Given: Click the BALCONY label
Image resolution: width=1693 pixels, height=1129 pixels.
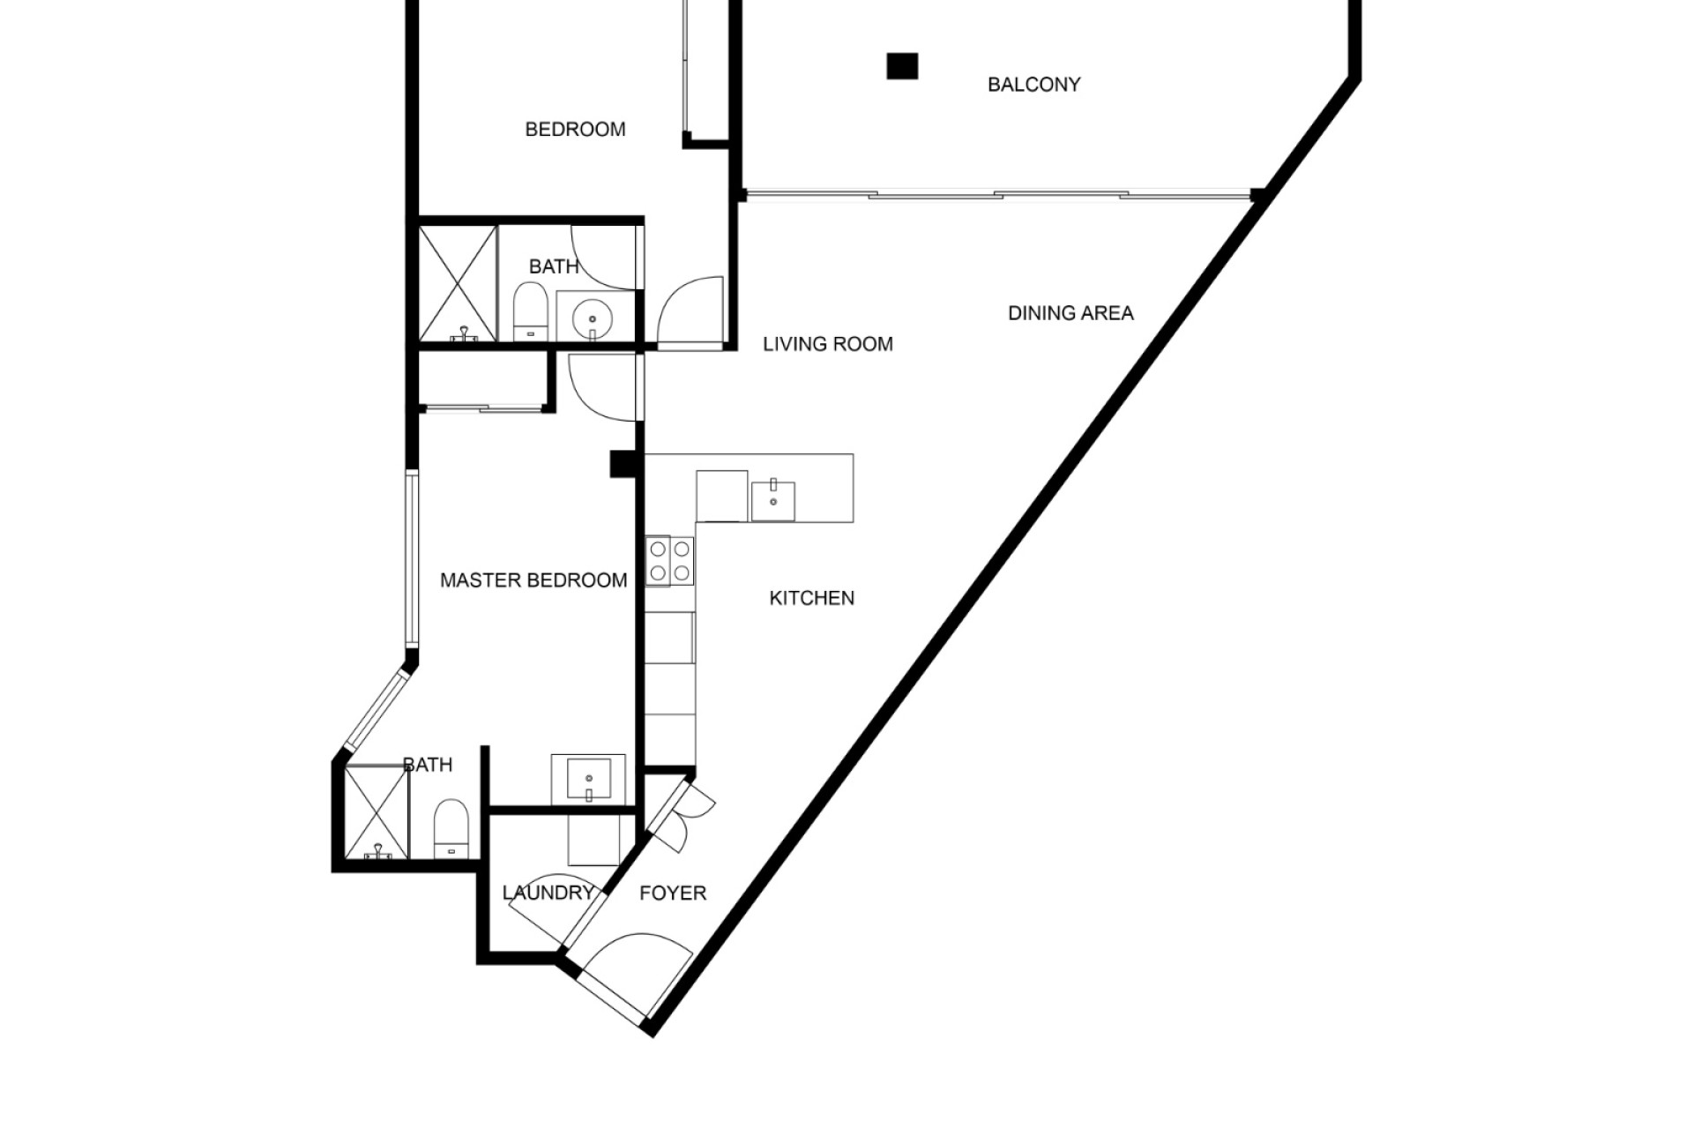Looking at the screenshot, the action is click(1033, 85).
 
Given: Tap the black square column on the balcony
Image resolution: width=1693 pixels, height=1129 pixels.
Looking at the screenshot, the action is click(902, 66).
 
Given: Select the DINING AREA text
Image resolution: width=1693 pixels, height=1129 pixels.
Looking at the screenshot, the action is click(1070, 313).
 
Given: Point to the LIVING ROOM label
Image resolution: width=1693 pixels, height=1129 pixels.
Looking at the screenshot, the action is click(828, 344).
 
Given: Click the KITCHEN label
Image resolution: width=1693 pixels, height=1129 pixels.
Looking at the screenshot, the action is click(812, 598).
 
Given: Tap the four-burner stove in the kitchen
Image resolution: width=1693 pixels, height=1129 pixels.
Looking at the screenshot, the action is click(669, 561).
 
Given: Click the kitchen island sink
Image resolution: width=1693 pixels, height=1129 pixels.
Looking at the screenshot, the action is click(772, 501).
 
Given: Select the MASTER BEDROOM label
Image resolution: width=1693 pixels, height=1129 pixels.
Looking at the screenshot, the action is click(533, 580).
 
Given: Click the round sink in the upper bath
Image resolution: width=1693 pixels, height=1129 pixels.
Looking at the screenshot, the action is click(591, 316).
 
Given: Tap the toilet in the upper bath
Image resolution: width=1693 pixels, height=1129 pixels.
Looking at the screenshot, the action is click(531, 310).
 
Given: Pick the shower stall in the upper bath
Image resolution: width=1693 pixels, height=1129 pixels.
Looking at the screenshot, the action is click(458, 283).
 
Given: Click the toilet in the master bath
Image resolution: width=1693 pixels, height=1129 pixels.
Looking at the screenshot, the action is click(451, 828).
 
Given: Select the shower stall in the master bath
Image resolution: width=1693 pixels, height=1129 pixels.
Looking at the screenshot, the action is click(377, 812).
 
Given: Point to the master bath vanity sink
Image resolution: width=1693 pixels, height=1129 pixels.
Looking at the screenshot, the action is click(588, 779).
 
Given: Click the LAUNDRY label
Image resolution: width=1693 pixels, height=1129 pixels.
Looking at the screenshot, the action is click(548, 893).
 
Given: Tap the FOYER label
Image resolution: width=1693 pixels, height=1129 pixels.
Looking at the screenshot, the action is click(673, 893).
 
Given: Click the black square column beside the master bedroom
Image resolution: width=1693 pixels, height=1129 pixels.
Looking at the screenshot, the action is click(624, 464).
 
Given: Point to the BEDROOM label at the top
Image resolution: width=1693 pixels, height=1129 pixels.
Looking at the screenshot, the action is click(575, 130).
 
